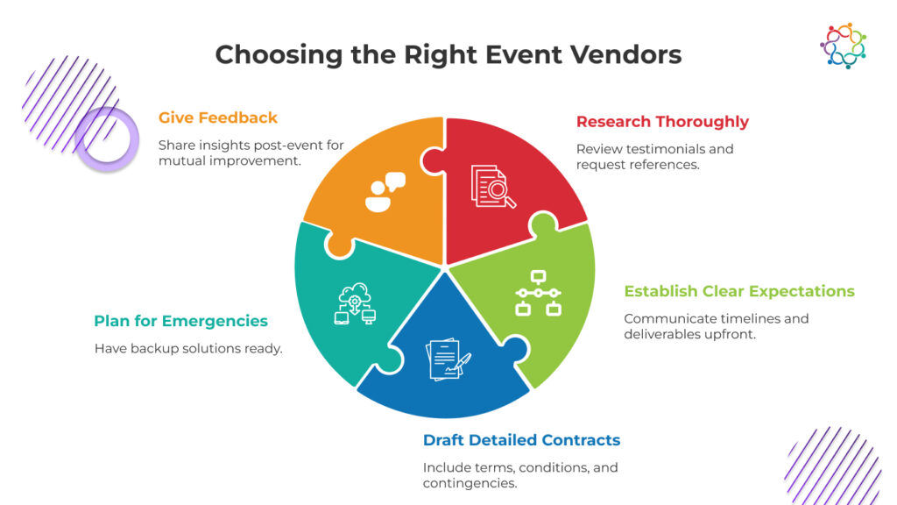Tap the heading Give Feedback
coord(218,117)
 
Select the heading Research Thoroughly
coord(662,122)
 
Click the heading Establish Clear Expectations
coord(739,291)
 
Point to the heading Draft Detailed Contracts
coord(521,440)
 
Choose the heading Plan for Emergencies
coord(180,321)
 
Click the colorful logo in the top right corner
coord(843,46)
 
